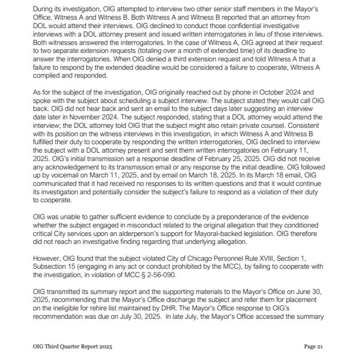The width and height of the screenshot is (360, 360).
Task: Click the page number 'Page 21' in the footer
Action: pyautogui.click(x=313, y=347)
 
